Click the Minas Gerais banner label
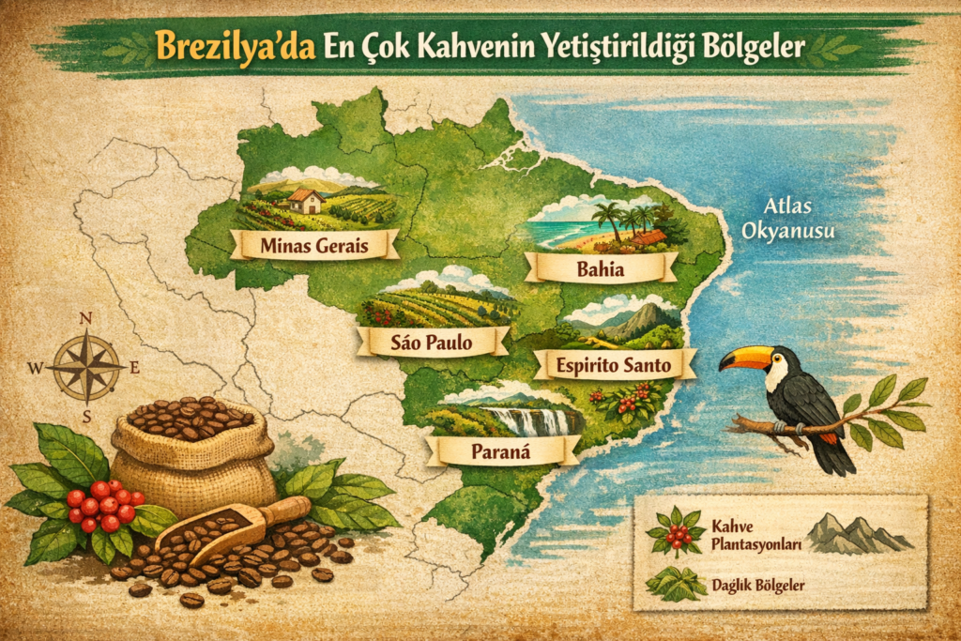(x=314, y=246)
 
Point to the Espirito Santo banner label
(x=616, y=364)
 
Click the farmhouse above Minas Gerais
(x=305, y=199)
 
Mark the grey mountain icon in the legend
(x=856, y=534)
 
